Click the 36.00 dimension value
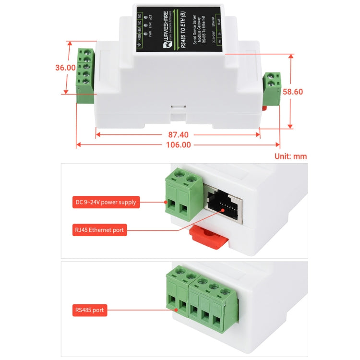(65, 68)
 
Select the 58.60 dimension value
(292, 91)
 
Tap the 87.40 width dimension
(178, 135)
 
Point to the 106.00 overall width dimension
(178, 144)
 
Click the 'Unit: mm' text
(290, 156)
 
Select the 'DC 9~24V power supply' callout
(106, 202)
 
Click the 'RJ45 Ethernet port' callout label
(99, 230)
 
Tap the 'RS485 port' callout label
(89, 310)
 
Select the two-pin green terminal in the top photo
(272, 88)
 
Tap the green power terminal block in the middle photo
(183, 197)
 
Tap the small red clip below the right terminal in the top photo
(264, 108)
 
